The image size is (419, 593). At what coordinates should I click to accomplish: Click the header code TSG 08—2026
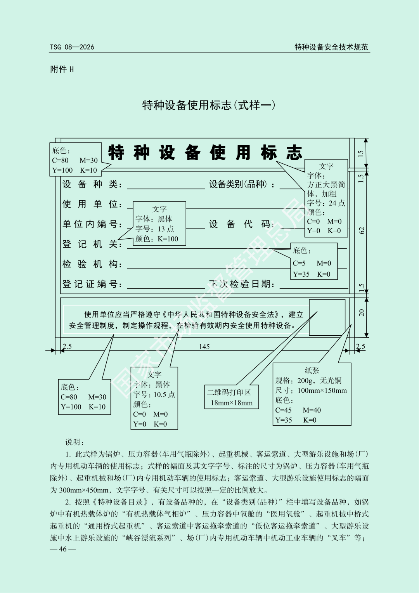[x=72, y=47]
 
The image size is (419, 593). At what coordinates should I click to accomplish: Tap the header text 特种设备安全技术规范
[x=331, y=47]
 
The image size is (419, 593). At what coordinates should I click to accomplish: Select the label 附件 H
[x=62, y=69]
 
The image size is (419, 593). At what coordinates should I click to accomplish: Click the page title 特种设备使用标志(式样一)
[x=209, y=105]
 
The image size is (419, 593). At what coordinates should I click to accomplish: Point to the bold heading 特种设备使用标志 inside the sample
[x=205, y=153]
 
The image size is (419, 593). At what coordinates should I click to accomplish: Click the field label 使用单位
[x=92, y=204]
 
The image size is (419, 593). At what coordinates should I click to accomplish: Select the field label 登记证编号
[x=92, y=284]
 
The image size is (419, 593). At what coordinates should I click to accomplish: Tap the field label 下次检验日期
[x=242, y=284]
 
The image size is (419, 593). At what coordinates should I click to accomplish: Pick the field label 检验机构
[x=92, y=264]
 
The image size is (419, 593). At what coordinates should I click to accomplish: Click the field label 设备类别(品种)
[x=241, y=184]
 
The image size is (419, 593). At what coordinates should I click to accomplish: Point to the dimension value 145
[x=204, y=347]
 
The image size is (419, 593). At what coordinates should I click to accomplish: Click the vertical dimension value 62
[x=362, y=230]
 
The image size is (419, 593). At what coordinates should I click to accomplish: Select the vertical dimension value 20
[x=362, y=312]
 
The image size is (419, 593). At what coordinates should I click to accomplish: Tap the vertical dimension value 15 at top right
[x=361, y=154]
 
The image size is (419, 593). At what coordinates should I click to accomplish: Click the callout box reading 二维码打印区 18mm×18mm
[x=232, y=397]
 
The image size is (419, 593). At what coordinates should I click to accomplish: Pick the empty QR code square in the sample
[x=327, y=317]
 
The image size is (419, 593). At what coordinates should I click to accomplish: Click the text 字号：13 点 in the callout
[x=154, y=229]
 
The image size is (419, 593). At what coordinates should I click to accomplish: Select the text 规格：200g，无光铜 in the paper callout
[x=308, y=380]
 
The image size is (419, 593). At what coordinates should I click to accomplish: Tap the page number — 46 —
[x=63, y=549]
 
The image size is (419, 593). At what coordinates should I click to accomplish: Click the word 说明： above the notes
[x=75, y=442]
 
